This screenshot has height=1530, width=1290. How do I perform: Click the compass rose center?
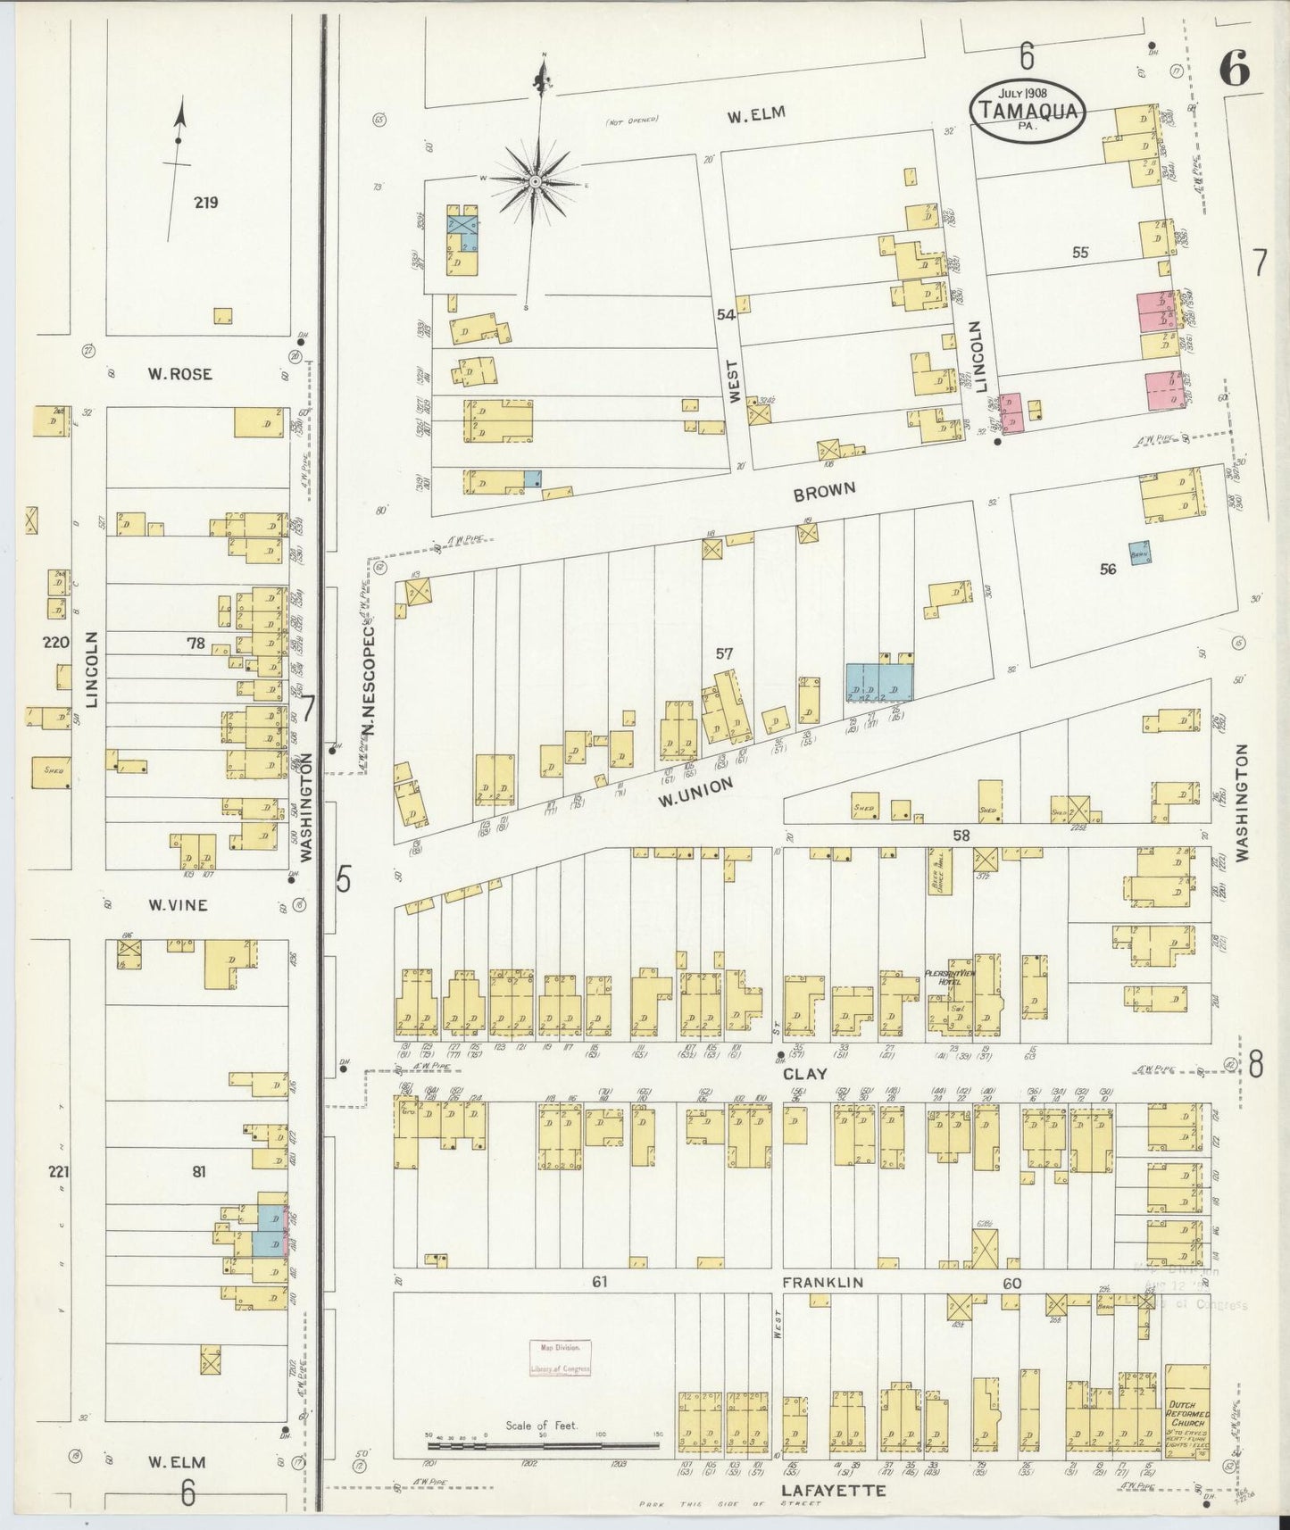(535, 181)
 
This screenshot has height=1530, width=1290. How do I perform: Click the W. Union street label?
(695, 791)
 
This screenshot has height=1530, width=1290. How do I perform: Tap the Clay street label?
(805, 1074)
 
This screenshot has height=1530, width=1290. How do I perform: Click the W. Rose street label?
(179, 374)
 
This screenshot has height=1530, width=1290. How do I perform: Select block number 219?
(206, 202)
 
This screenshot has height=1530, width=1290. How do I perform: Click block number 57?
(724, 654)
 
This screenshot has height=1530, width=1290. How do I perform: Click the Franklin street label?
(822, 1282)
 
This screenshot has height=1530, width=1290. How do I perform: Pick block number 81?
(198, 1171)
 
